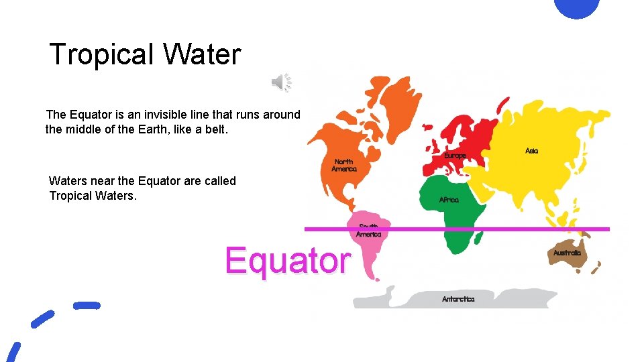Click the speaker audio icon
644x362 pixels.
pos(281,82)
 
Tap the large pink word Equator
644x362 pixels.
pos(287,260)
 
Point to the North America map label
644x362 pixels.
pos(344,165)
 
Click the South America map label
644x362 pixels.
pos(368,231)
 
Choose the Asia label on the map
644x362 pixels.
pos(531,151)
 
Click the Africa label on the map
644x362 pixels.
pos(449,200)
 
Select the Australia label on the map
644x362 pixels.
pos(568,253)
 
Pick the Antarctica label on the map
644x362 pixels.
pos(458,299)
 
